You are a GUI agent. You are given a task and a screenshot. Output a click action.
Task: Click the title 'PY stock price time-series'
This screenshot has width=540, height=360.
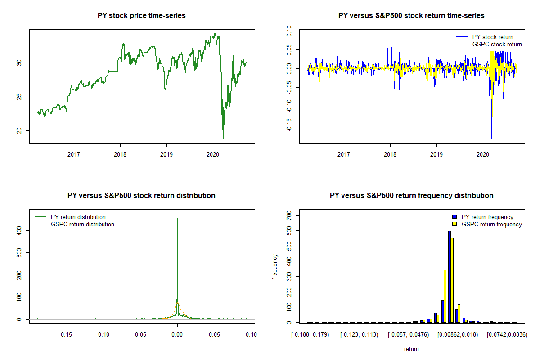tap(142, 16)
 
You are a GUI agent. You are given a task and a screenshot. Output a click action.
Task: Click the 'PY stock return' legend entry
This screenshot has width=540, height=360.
tap(493, 37)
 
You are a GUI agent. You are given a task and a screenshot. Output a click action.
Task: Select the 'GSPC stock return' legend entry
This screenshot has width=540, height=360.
tap(497, 45)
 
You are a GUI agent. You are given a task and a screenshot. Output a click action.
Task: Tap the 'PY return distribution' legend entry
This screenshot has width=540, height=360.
tap(78, 217)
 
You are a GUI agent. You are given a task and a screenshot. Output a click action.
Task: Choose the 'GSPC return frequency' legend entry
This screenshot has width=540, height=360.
tap(491, 224)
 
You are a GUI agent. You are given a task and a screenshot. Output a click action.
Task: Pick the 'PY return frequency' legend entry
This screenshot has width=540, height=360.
tap(487, 217)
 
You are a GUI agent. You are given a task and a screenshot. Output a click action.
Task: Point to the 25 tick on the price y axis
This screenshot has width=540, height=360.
tap(20, 97)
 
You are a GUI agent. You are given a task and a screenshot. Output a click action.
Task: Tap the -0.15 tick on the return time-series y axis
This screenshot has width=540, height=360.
tap(290, 125)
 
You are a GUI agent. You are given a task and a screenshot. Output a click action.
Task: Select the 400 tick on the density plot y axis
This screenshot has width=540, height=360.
tap(20, 230)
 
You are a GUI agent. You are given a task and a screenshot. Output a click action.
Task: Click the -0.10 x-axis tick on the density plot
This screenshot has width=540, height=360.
tap(103, 334)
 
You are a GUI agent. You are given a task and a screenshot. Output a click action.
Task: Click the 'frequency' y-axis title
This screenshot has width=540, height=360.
tap(275, 267)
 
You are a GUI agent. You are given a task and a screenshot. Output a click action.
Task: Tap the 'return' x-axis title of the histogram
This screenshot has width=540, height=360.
tap(411, 349)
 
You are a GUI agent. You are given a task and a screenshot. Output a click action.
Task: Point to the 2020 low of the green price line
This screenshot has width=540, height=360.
tap(223, 139)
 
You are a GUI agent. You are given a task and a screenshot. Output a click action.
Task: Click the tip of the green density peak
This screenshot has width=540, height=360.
tap(177, 219)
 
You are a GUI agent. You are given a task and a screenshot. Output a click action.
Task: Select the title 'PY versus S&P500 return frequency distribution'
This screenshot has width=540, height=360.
tap(411, 196)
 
